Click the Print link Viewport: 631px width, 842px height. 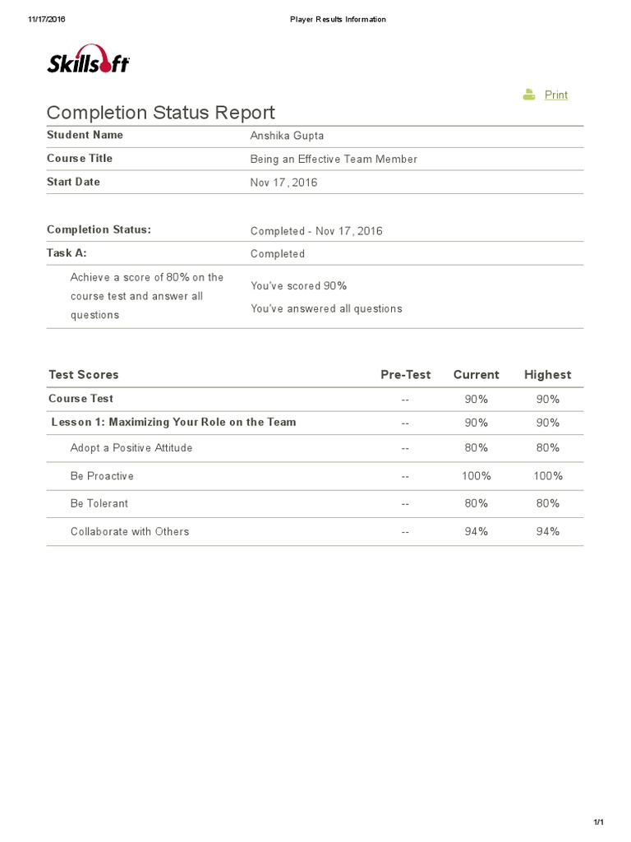coord(556,95)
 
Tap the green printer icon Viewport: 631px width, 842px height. coord(529,95)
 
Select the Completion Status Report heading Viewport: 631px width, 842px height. coord(161,113)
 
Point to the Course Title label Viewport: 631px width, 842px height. coord(80,158)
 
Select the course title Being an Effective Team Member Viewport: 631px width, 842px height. coord(334,159)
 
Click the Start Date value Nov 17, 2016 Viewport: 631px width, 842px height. coord(283,183)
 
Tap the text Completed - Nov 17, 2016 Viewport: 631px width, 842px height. coord(316,231)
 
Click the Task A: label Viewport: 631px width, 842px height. coord(67,253)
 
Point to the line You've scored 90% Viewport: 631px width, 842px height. coord(298,285)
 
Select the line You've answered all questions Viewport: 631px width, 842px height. coord(326,308)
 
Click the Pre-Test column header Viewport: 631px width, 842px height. coord(405,375)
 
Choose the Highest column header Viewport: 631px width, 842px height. coord(547,375)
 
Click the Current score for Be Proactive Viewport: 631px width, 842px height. coord(476,476)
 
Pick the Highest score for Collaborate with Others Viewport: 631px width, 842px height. coord(547,531)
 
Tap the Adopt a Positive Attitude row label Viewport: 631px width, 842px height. coord(131,448)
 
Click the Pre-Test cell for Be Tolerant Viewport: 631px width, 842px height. coord(405,503)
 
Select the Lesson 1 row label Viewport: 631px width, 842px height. coord(173,422)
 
